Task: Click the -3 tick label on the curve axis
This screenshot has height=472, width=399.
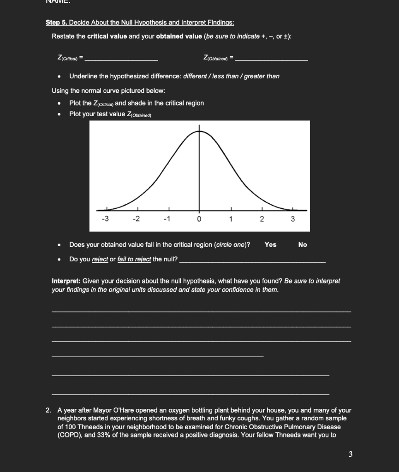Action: pos(106,219)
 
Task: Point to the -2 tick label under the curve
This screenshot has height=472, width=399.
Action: pos(136,219)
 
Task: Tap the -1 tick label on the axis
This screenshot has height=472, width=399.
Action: pos(167,219)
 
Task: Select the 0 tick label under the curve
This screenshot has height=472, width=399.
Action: pos(199,219)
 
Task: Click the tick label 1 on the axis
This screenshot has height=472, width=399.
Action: pos(230,219)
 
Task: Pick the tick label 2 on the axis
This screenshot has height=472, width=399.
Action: pos(261,219)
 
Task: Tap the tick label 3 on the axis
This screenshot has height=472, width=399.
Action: pos(292,219)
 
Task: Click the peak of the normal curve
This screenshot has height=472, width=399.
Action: pos(199,131)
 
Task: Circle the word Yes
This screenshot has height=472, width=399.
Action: pos(270,245)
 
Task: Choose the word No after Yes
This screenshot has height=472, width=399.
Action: pos(303,245)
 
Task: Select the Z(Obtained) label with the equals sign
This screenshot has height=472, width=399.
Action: pos(219,58)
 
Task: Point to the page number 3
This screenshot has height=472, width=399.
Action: pos(350,454)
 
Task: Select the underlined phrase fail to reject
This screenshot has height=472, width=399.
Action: pos(134,259)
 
